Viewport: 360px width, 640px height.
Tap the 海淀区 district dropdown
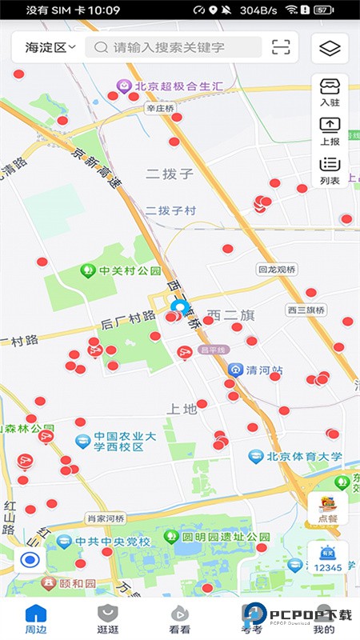tap(50, 47)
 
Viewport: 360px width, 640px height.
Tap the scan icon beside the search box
tap(281, 47)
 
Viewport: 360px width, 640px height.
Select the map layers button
tap(330, 48)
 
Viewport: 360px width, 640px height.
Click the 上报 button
tap(330, 130)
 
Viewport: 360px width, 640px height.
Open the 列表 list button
tap(330, 170)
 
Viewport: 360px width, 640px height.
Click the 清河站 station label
tap(256, 370)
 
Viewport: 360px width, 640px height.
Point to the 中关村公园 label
tap(120, 270)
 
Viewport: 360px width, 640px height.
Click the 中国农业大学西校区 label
tap(112, 442)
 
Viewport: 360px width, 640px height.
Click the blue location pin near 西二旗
tap(179, 306)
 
